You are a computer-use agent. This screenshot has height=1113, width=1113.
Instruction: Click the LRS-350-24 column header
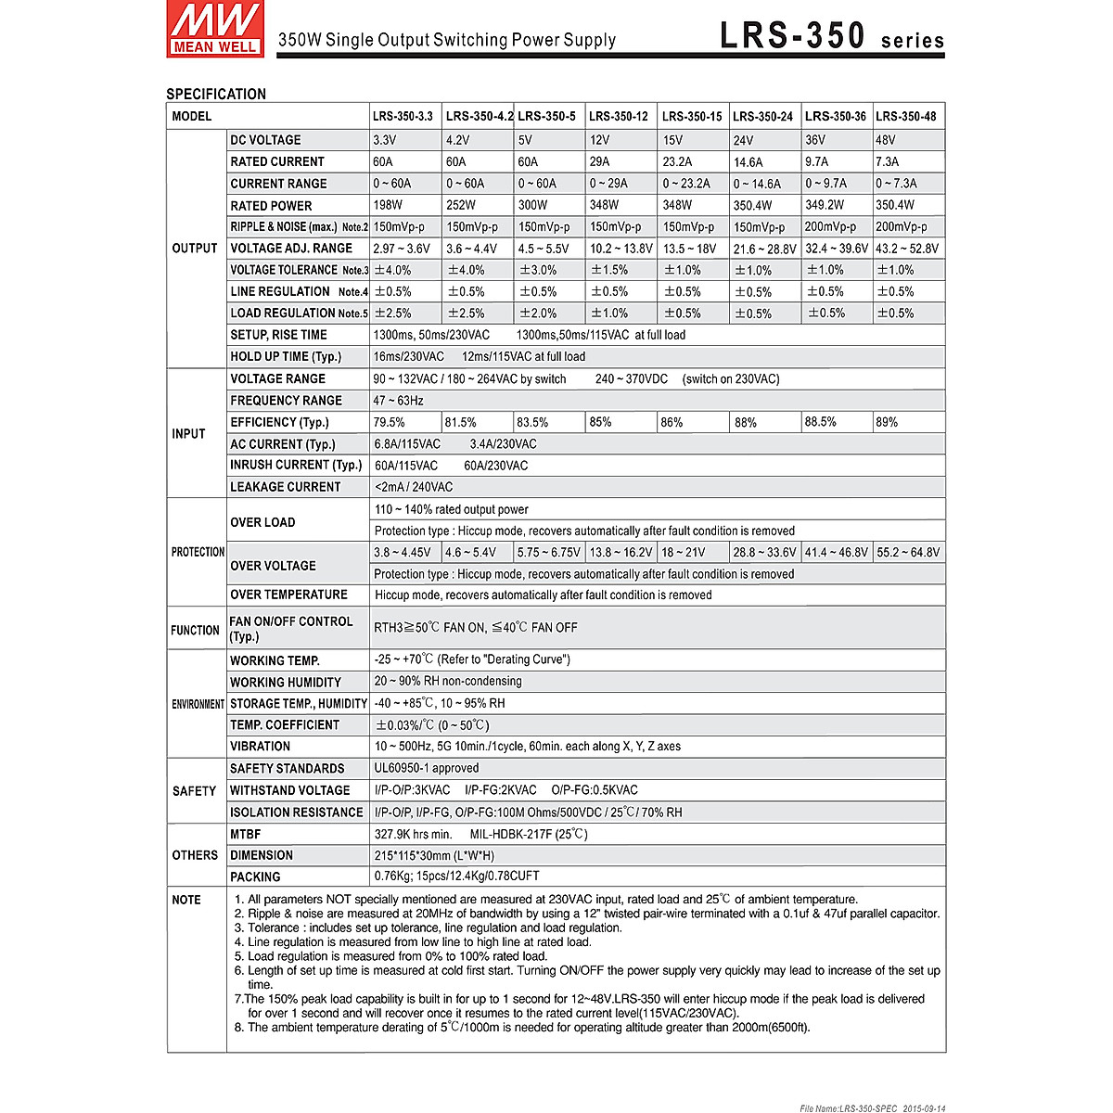pos(762,117)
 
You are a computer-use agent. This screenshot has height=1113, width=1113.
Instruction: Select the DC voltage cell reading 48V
pos(886,140)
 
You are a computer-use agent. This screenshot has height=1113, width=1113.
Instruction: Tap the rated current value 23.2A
pos(677,161)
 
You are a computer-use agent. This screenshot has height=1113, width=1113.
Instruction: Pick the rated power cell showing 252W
pos(460,205)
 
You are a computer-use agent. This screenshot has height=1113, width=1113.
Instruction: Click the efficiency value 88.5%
pos(821,422)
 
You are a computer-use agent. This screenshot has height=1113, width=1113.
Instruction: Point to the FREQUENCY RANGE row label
pos(286,401)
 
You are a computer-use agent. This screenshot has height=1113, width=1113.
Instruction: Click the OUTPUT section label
pos(195,249)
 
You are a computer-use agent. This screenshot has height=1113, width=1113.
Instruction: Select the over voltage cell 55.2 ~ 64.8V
pos(908,552)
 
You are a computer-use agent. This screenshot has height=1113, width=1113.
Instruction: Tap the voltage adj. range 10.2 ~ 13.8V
pos(620,249)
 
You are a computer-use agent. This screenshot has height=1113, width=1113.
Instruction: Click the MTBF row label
pos(246,834)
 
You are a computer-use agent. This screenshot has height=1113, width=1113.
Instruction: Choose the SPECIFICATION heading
pos(216,94)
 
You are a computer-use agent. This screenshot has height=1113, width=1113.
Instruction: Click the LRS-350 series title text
pos(831,36)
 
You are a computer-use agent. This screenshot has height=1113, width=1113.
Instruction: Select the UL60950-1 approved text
pos(427,768)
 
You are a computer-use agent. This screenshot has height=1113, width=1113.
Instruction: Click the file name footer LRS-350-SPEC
pos(871,1107)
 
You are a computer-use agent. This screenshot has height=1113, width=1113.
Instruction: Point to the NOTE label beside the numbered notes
pos(186,900)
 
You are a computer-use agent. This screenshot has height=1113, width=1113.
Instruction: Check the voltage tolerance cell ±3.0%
pos(538,270)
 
